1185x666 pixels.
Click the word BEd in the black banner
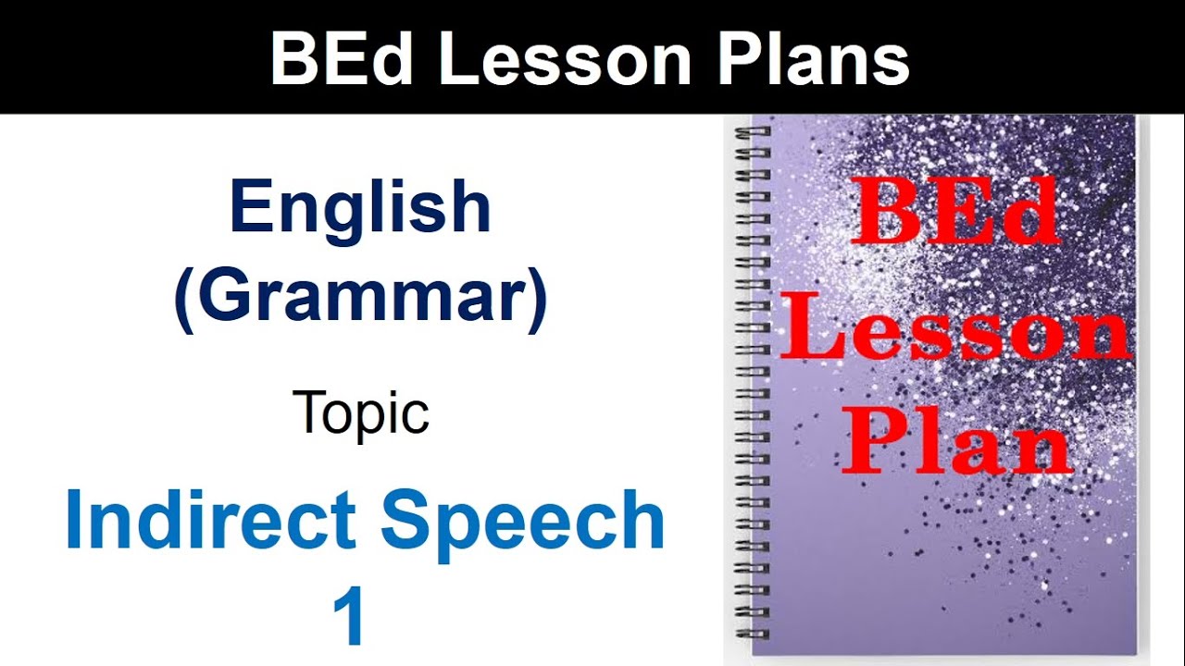point(343,60)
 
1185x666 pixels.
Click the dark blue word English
point(360,208)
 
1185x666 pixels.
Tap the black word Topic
point(360,413)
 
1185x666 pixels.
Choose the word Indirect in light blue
point(210,520)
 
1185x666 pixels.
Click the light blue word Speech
point(522,520)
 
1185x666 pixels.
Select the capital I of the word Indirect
point(75,520)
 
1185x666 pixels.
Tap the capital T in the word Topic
point(308,412)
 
